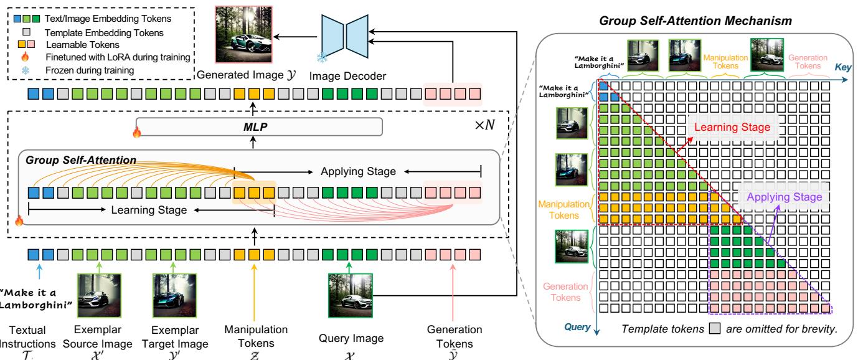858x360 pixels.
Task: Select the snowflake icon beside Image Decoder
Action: tap(322, 57)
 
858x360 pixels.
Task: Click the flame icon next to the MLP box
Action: tap(135, 132)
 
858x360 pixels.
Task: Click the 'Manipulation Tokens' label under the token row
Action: tap(255, 334)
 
